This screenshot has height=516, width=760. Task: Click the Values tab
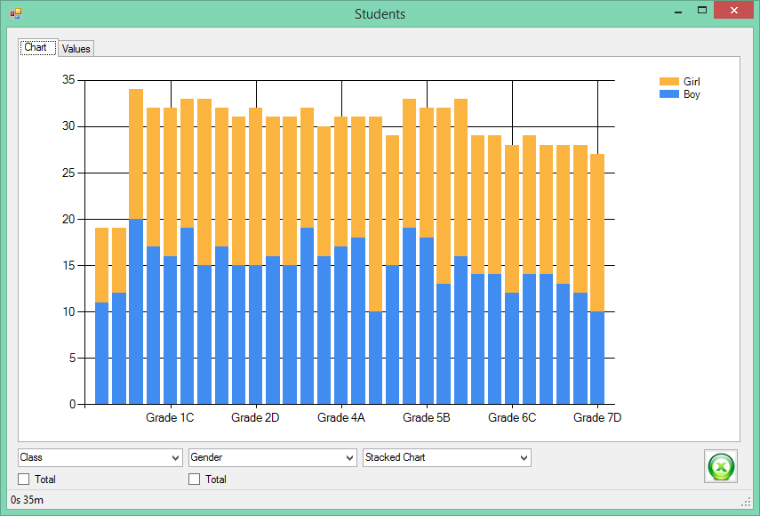(x=76, y=49)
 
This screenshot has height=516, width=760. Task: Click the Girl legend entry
(x=679, y=82)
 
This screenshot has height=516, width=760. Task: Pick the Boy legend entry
(x=679, y=94)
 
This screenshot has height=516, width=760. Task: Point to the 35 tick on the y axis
(x=68, y=79)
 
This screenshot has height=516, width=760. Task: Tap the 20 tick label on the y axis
(x=68, y=219)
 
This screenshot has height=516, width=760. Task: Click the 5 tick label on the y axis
(x=72, y=358)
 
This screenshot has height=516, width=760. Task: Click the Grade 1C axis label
(x=170, y=417)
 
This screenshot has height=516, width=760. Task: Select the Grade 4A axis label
(x=341, y=417)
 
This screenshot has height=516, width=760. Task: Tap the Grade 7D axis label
(x=597, y=417)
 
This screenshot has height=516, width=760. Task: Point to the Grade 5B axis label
(x=427, y=417)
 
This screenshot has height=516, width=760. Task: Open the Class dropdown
(x=100, y=457)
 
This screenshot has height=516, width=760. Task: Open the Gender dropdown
(x=272, y=457)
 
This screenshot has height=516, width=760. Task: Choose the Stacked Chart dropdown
(x=447, y=457)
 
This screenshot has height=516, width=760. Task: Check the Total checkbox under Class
(x=23, y=480)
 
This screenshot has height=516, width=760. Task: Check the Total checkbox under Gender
(x=194, y=480)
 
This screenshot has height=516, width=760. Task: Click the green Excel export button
(x=721, y=466)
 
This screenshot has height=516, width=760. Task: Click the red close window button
(x=734, y=10)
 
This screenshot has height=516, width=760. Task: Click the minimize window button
(x=678, y=11)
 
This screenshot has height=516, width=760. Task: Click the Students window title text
(x=380, y=14)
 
